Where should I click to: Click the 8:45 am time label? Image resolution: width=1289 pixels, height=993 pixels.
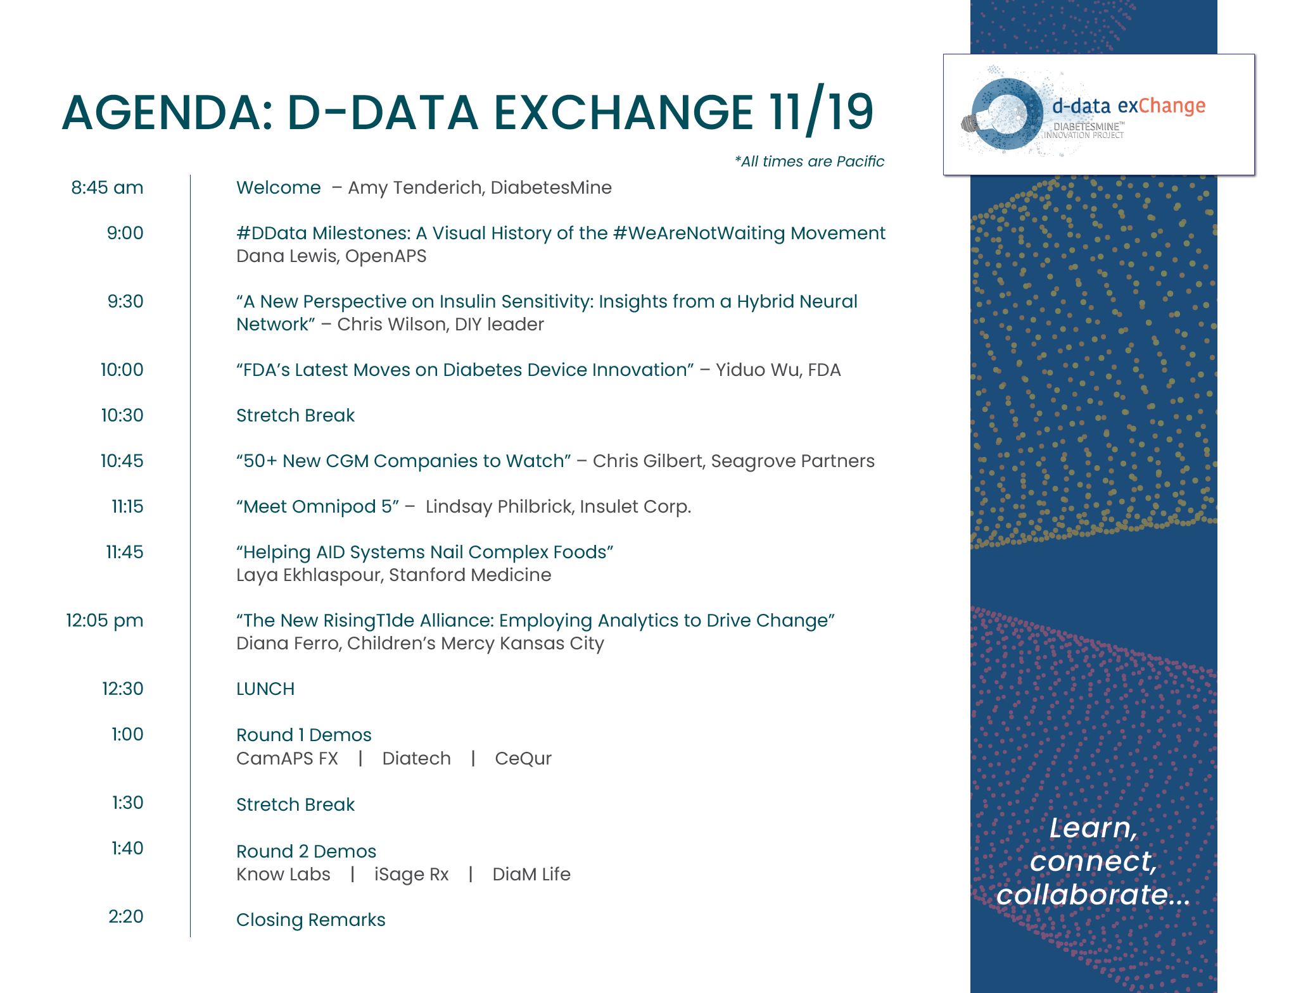[107, 188]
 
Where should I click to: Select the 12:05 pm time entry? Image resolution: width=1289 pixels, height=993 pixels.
[105, 621]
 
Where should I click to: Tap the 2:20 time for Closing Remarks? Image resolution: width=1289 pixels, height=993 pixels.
[125, 917]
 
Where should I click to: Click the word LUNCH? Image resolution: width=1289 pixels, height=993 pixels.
[265, 689]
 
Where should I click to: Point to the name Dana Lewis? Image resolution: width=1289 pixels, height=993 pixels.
[286, 256]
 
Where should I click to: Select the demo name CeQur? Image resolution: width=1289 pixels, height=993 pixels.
[523, 759]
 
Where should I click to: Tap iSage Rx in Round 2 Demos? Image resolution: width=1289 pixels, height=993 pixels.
[411, 875]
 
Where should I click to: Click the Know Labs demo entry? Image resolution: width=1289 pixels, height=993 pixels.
[283, 875]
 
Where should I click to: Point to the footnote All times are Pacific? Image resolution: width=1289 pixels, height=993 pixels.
[809, 162]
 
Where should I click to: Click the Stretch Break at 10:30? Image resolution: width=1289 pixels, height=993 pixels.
[295, 416]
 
